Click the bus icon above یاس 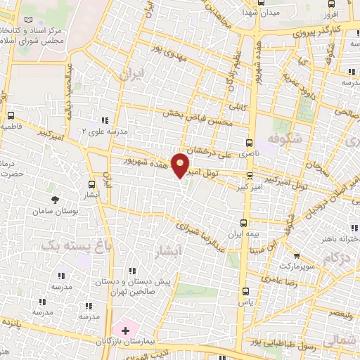point(245,291)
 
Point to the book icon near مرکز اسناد point(27,20)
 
